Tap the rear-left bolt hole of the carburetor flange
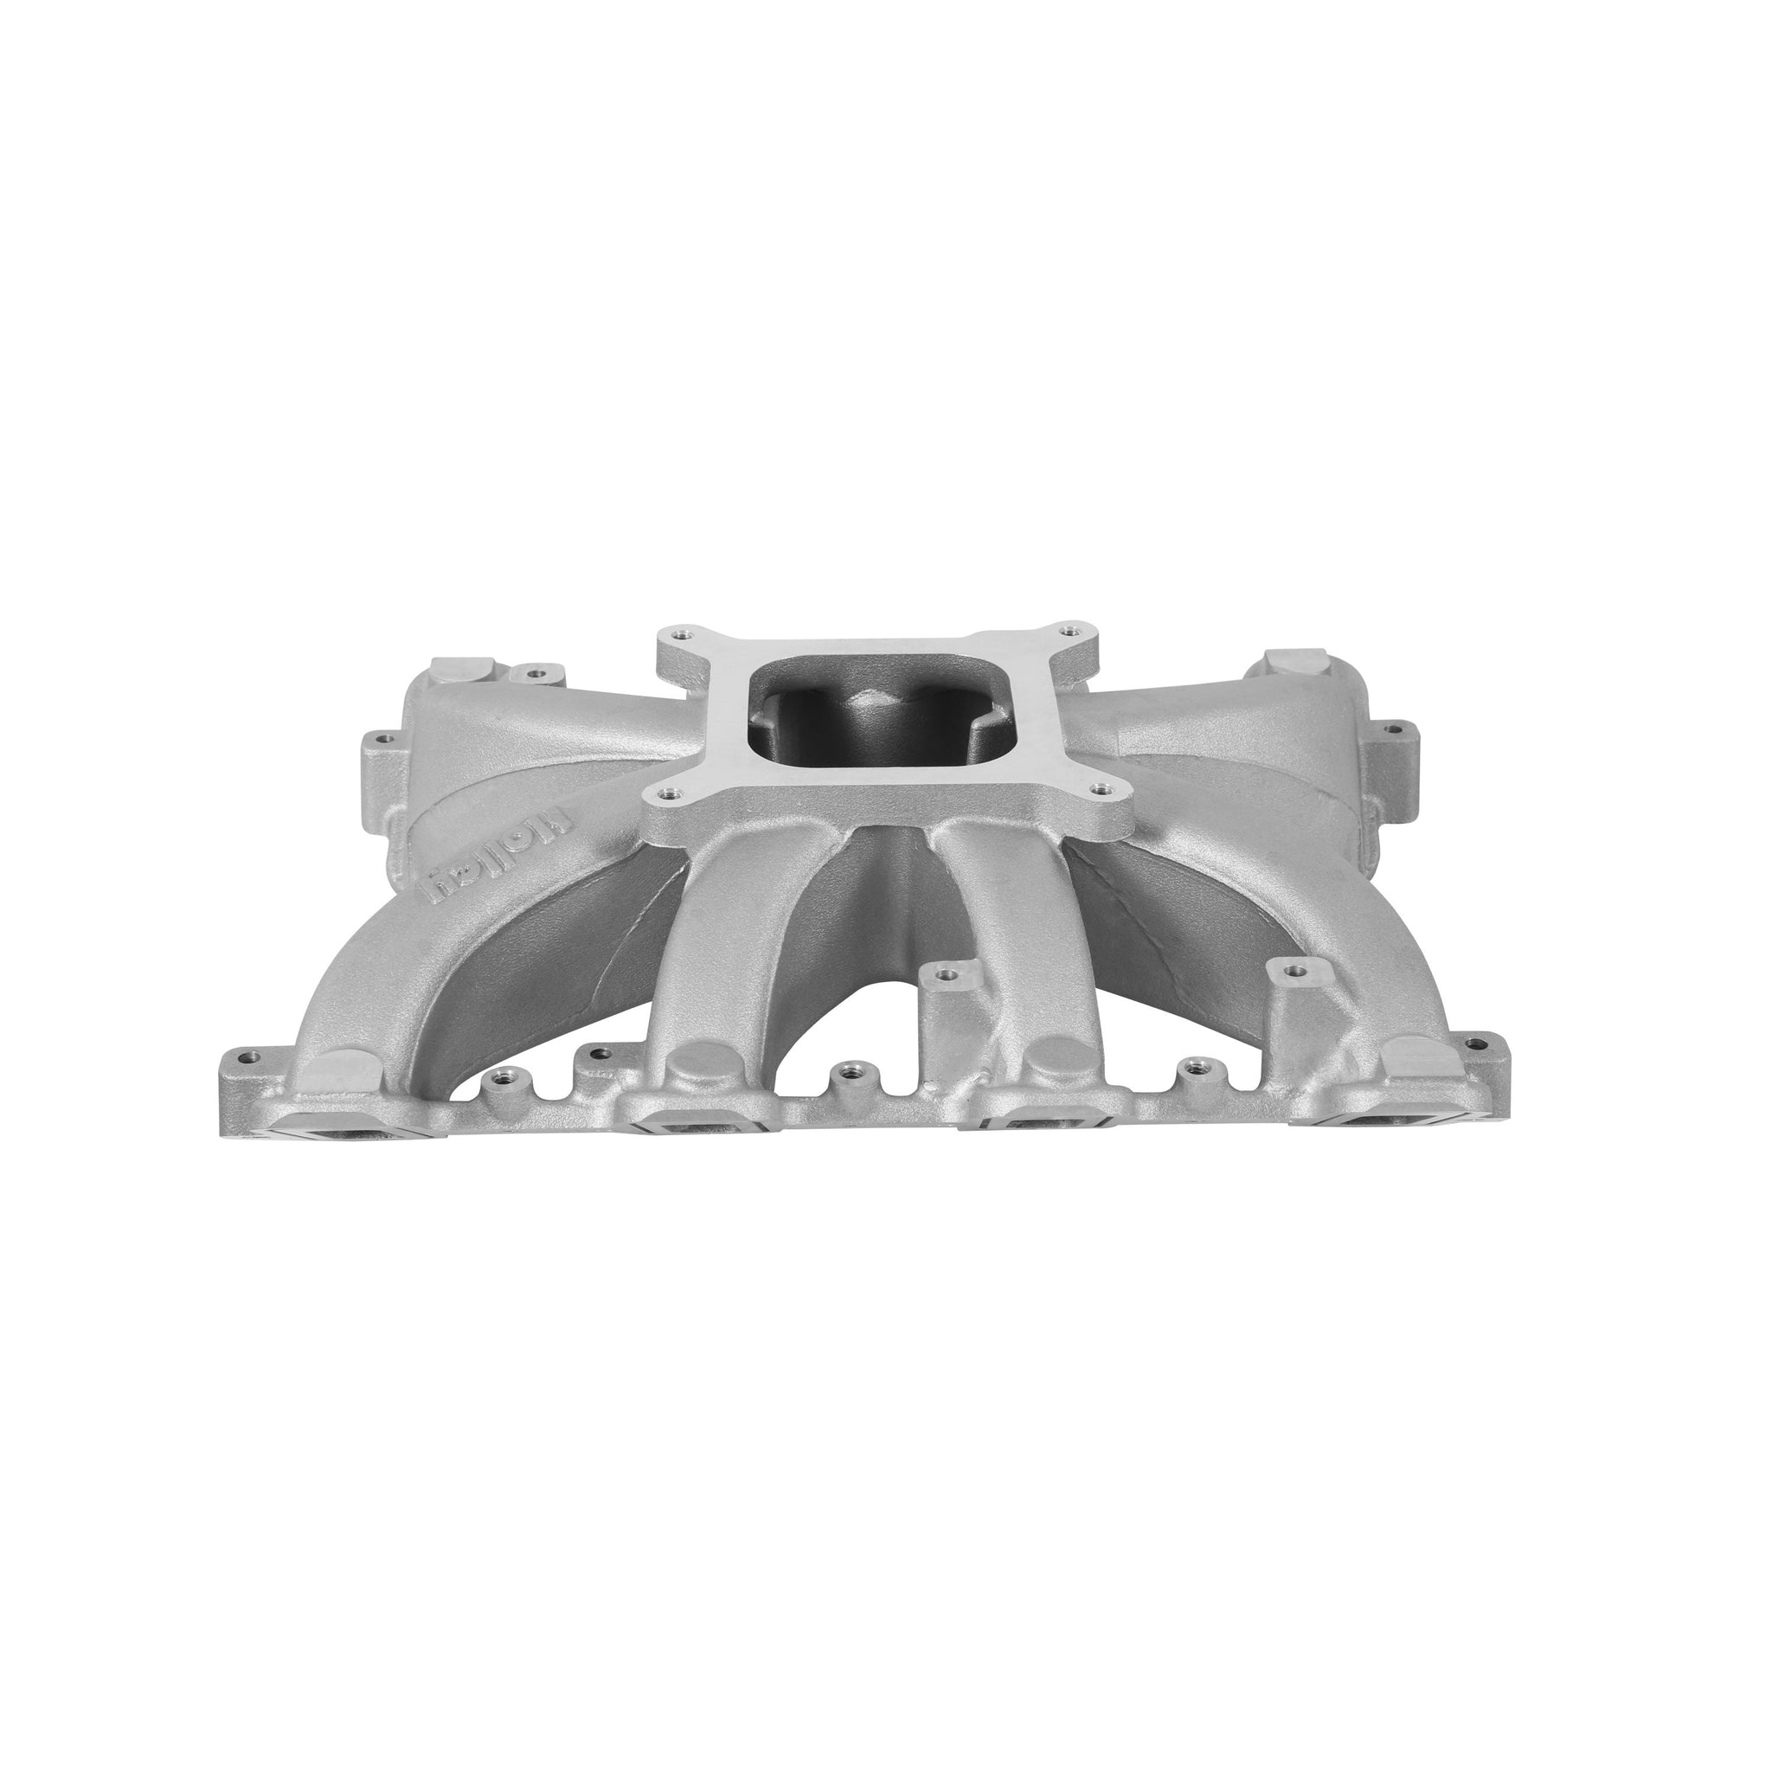click(678, 633)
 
